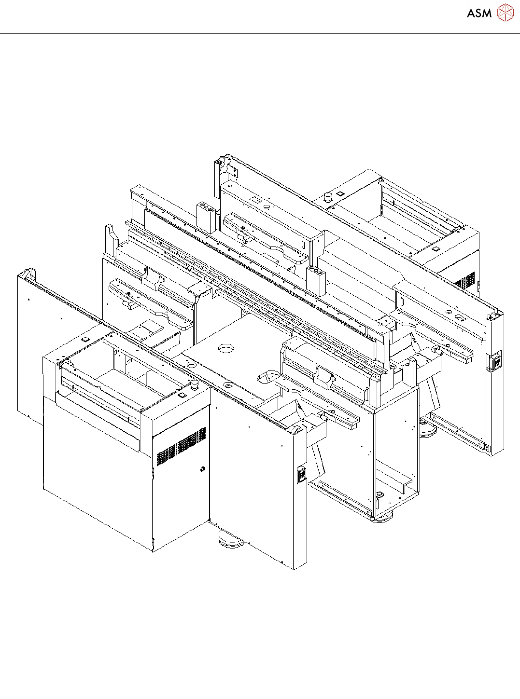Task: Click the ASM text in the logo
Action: pos(479,14)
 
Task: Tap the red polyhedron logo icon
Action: pos(506,13)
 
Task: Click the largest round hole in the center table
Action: pos(226,348)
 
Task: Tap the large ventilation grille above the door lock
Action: pos(182,447)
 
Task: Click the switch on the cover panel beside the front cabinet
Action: pos(302,474)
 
